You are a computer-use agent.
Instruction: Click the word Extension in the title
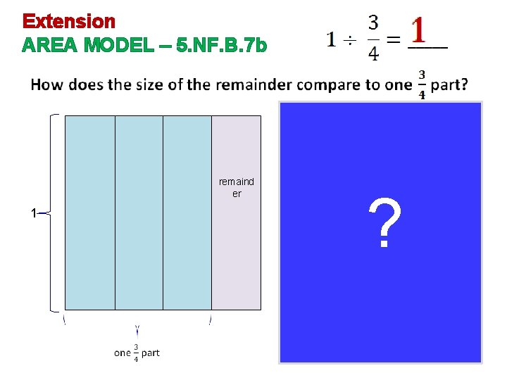pyautogui.click(x=68, y=21)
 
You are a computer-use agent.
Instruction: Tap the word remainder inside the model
pyautogui.click(x=237, y=188)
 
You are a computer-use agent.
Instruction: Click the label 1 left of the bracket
pyautogui.click(x=33, y=213)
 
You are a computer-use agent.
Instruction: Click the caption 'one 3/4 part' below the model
pyautogui.click(x=137, y=353)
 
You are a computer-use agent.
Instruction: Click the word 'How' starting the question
pyautogui.click(x=47, y=85)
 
